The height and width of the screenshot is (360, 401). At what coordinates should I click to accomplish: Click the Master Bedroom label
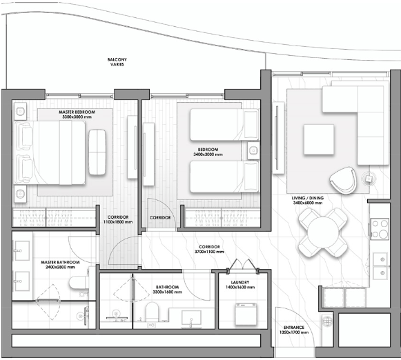(x=77, y=114)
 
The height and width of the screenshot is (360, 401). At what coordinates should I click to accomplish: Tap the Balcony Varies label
(x=117, y=62)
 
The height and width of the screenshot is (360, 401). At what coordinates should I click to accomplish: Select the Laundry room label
(x=240, y=285)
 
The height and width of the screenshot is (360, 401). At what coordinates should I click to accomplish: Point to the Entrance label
(x=294, y=330)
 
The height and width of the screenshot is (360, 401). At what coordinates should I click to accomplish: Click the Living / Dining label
(x=308, y=200)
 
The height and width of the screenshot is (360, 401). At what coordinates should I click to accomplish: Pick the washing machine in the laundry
(x=246, y=314)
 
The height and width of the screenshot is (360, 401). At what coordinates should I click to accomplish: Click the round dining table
(x=323, y=232)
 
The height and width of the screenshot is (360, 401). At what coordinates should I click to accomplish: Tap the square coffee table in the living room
(x=319, y=139)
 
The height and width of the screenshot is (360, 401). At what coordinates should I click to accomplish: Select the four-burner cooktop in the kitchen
(x=380, y=229)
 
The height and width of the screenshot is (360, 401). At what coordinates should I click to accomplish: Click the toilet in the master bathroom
(x=79, y=282)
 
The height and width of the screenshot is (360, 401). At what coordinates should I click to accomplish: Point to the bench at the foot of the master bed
(x=97, y=152)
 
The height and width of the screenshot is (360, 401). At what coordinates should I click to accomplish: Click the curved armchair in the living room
(x=344, y=181)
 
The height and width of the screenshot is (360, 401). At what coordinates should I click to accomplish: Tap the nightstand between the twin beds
(x=253, y=151)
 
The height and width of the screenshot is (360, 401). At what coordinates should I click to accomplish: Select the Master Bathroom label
(x=60, y=265)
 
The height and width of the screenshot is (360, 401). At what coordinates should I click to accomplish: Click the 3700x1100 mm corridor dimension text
(x=209, y=252)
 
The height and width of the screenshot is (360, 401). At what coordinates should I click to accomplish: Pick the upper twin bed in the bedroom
(x=224, y=125)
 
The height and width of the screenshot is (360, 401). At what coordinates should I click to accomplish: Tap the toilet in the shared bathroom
(x=152, y=312)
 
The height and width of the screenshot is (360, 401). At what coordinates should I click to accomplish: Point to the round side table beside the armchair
(x=369, y=179)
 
